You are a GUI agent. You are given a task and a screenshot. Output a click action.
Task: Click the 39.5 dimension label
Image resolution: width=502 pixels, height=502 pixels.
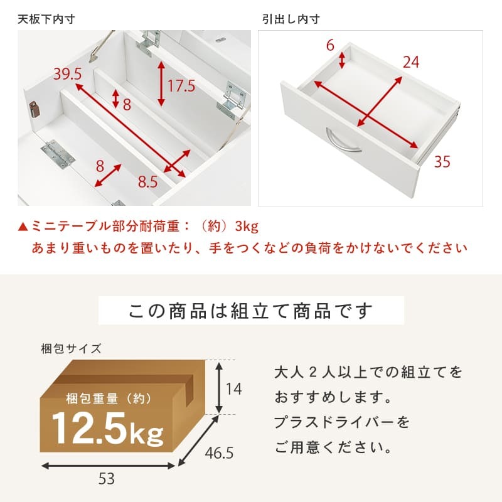tap(68, 74)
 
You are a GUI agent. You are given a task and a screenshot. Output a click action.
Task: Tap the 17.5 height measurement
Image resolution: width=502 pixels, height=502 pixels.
tap(181, 86)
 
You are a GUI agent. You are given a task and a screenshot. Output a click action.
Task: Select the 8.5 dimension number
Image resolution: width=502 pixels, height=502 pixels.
tap(148, 182)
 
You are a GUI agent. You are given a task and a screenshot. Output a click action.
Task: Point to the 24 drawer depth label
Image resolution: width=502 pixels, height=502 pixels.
tap(411, 62)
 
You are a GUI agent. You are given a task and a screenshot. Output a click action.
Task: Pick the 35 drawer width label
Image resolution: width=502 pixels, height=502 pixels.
tap(442, 161)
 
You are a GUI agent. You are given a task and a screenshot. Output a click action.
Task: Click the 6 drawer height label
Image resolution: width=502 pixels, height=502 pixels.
tap(330, 45)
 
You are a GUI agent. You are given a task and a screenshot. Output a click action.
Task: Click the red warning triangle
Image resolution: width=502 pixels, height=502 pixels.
tap(23, 227)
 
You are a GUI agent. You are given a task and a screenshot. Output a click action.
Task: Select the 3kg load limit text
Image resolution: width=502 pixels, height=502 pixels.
tap(247, 227)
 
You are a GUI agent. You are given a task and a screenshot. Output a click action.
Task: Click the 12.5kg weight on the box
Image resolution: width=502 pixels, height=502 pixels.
tap(107, 429)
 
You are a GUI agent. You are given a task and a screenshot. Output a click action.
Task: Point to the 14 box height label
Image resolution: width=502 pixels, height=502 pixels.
tap(233, 389)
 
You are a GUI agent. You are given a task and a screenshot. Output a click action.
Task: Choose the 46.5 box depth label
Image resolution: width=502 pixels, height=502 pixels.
tap(219, 453)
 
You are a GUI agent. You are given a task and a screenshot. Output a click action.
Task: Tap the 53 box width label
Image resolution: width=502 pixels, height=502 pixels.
tap(107, 479)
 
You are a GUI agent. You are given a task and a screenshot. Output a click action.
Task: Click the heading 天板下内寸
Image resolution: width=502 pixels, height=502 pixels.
tap(46, 19)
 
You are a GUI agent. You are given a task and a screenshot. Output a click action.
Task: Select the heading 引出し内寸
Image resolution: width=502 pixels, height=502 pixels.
tap(291, 19)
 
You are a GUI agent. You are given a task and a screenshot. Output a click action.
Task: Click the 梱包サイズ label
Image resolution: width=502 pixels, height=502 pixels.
tap(71, 348)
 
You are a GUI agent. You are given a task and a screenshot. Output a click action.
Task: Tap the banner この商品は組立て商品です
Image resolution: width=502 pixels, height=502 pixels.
tap(250, 311)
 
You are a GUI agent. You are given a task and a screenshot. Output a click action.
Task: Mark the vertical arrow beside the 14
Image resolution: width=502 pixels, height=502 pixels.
tap(219, 388)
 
